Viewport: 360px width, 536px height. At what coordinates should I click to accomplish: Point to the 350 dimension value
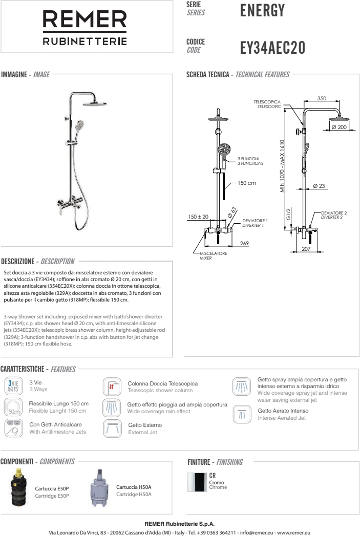322,98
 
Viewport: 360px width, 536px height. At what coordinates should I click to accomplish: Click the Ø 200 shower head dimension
339,127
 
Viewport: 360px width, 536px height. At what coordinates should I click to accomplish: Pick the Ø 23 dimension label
319,186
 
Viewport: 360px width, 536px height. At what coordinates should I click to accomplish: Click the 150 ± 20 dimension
198,217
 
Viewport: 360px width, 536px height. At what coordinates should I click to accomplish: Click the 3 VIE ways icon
14,385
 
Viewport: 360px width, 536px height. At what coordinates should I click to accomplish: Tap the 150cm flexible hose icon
14,408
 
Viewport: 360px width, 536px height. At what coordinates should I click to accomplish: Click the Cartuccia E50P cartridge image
22,490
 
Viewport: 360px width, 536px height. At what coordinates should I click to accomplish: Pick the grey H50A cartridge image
100,489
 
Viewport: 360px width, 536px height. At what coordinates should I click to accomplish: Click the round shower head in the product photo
94,102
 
